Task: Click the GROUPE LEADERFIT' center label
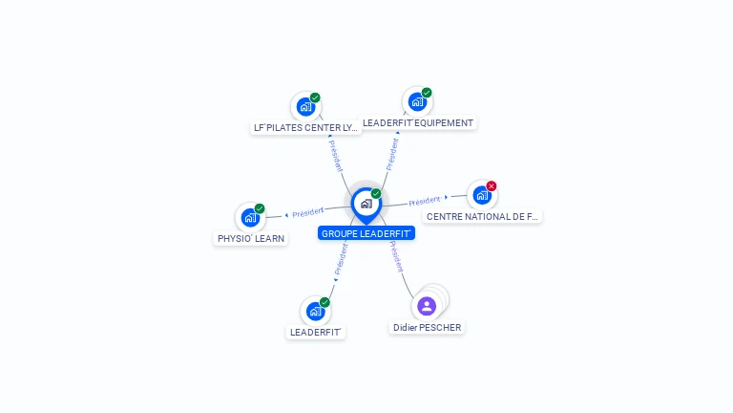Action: point(366,233)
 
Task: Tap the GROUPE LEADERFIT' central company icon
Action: point(366,203)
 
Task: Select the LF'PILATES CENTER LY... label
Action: point(305,127)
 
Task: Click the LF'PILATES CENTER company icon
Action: point(305,106)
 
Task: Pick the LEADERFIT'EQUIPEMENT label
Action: point(418,122)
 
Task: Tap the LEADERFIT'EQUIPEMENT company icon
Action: point(416,101)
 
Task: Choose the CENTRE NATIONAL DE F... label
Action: point(483,216)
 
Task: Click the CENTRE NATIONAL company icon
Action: point(482,195)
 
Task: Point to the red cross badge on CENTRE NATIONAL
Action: point(492,185)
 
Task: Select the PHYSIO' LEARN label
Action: point(251,238)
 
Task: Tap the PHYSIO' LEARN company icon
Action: point(250,217)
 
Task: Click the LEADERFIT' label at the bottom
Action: point(316,332)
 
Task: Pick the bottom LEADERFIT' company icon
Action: point(315,311)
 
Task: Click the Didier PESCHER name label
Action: point(427,327)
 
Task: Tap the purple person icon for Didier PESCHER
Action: point(427,306)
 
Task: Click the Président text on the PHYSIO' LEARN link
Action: point(308,212)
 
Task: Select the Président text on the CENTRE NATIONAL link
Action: point(425,201)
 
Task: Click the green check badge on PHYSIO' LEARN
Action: point(260,208)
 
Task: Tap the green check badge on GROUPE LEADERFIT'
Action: point(376,193)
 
